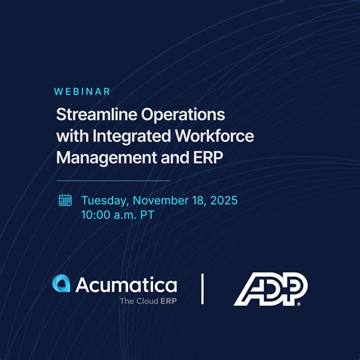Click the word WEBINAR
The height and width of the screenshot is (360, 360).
pyautogui.click(x=82, y=91)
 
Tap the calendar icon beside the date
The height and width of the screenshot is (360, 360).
pyautogui.click(x=65, y=200)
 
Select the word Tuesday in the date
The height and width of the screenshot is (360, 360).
pyautogui.click(x=105, y=201)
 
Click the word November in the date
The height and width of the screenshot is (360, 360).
pyautogui.click(x=162, y=200)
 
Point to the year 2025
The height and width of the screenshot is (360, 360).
pyautogui.click(x=223, y=200)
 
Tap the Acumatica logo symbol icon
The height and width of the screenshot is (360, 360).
pyautogui.click(x=61, y=284)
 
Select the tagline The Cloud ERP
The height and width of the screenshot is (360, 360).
pyautogui.click(x=147, y=301)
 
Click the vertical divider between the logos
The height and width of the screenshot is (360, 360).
pyautogui.click(x=202, y=288)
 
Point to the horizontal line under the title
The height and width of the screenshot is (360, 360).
pyautogui.click(x=112, y=180)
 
